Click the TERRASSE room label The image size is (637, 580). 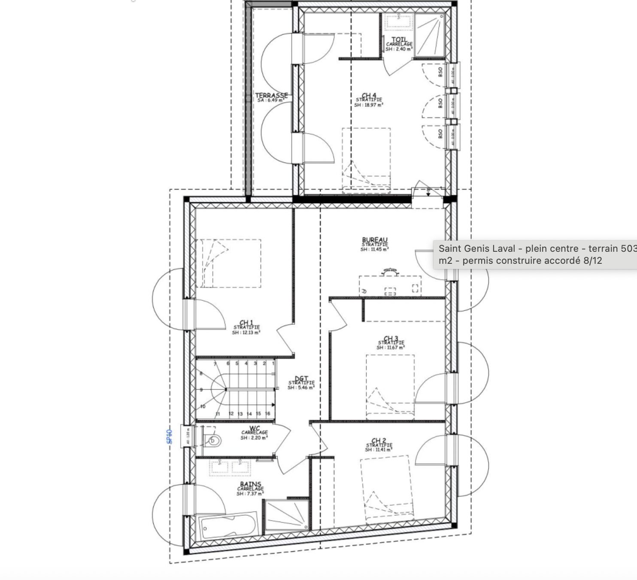point(271,95)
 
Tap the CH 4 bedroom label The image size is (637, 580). point(369,95)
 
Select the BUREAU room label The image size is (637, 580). point(375,240)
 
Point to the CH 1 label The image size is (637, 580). point(246,323)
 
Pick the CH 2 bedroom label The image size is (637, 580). point(378,441)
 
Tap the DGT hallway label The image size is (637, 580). point(301,379)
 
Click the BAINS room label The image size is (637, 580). point(250,485)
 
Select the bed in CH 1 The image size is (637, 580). point(228,263)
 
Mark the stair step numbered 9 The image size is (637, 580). point(201,390)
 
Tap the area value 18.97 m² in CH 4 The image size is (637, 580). point(369,105)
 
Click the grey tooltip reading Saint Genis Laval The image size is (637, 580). point(535,254)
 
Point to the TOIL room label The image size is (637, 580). point(399,40)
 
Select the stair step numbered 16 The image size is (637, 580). point(267,414)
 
